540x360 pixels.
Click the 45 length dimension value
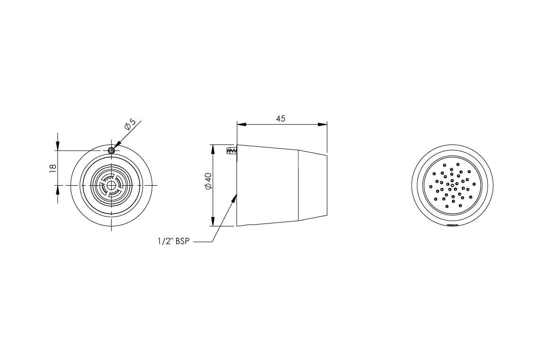tap(281, 118)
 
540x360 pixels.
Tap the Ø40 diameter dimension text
tap(208, 181)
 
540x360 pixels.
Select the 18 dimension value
tap(53, 167)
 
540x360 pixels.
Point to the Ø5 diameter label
tap(130, 125)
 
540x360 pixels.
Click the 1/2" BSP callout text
tap(173, 241)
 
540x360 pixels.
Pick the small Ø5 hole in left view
tap(111, 151)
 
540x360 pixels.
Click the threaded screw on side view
tap(232, 151)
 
